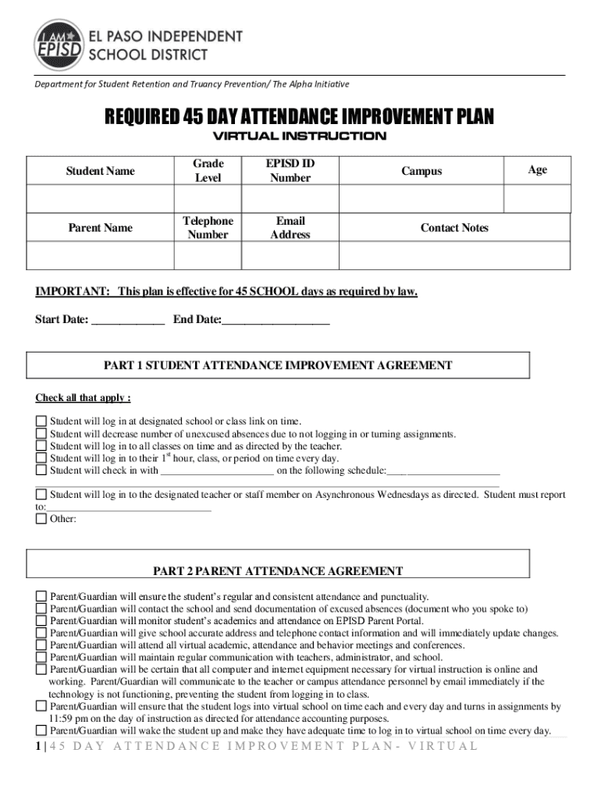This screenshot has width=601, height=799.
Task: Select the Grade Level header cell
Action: pos(208,171)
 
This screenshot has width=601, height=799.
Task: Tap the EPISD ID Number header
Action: pos(290,171)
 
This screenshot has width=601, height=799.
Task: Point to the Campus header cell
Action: pos(421,171)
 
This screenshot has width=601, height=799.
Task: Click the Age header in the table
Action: pos(537,169)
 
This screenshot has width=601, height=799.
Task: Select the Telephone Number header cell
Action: pos(208,228)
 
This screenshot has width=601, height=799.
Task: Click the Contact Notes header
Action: pos(454,228)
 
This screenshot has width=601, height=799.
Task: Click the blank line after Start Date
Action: pos(128,320)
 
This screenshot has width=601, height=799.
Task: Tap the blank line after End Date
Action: pos(276,320)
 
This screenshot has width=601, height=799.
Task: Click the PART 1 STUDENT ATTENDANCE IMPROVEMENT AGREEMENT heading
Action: pos(278,365)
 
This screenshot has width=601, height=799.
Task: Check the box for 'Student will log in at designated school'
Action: pos(41,421)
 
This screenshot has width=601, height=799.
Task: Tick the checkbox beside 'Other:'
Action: pos(41,519)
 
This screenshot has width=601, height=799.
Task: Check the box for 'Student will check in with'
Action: pos(41,471)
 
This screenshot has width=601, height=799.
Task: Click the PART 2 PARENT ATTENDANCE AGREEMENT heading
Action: pos(278,571)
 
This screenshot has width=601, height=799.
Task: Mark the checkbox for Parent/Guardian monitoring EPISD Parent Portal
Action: pos(41,620)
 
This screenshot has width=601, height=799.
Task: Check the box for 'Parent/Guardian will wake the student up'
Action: pos(41,731)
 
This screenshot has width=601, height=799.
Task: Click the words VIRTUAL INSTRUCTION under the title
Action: pos(300,137)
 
